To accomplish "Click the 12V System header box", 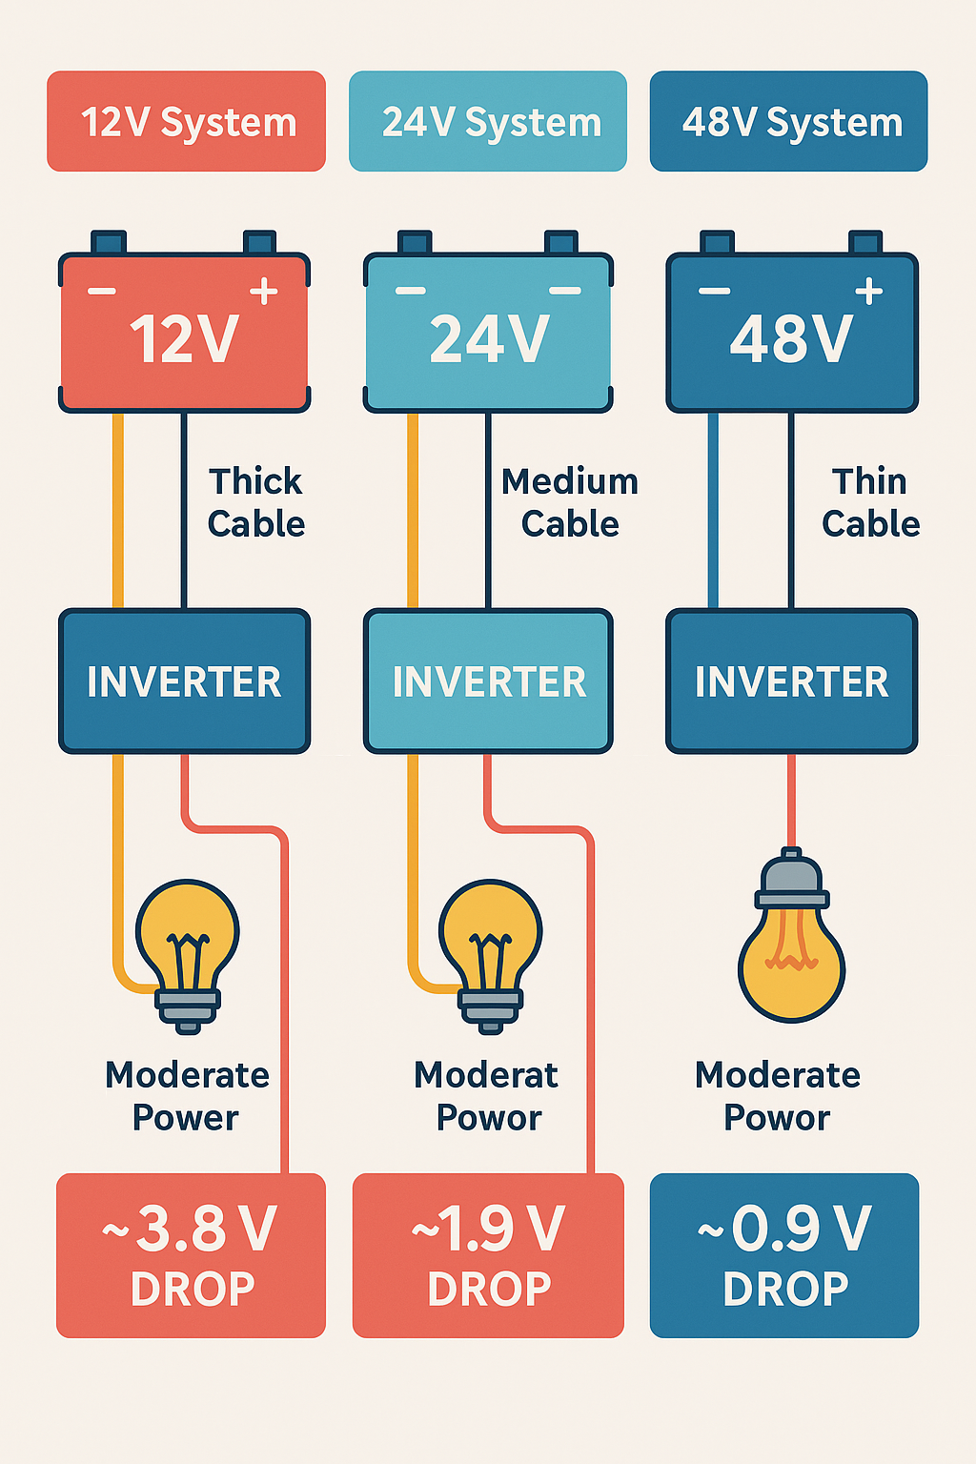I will [x=186, y=121].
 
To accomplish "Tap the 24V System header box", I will [x=488, y=121].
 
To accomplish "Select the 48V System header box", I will [x=788, y=121].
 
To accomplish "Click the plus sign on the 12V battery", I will [x=263, y=292].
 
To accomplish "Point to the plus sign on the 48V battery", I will [x=868, y=292].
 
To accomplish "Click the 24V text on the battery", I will [x=489, y=339].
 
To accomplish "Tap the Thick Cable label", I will [x=255, y=502].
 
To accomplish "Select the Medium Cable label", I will [x=570, y=502].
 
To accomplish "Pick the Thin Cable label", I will [x=870, y=502].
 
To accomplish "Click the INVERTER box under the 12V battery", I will [x=185, y=681].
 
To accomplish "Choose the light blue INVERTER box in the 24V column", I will [x=488, y=681].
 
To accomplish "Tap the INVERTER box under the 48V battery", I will [x=791, y=681].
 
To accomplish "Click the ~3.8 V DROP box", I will [x=191, y=1255].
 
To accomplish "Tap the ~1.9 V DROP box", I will [x=488, y=1255].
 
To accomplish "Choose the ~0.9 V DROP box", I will [x=784, y=1255].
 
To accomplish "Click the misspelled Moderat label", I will [x=486, y=1075].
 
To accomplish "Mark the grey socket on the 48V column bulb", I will [x=791, y=882].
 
